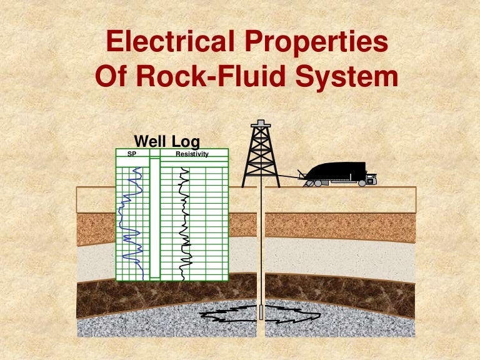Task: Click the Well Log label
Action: pyautogui.click(x=167, y=141)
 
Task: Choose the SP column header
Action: pyautogui.click(x=132, y=153)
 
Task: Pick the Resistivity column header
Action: pyautogui.click(x=192, y=153)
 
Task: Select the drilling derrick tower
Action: pyautogui.click(x=261, y=156)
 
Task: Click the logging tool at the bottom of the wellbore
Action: pyautogui.click(x=261, y=312)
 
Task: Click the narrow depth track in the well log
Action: pyautogui.click(x=155, y=219)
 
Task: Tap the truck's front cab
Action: pyautogui.click(x=371, y=179)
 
